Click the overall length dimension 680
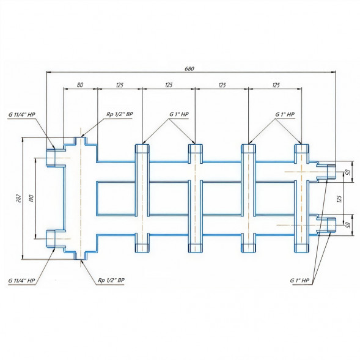pos(189,68)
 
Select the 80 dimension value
pos(80,85)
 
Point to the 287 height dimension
pos(19,199)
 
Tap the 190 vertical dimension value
pos(31,199)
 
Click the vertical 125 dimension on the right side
pos(340,199)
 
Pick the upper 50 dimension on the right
pos(349,172)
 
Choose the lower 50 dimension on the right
pos(349,225)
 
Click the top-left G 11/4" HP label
pos(22,114)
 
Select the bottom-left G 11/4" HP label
pos(22,281)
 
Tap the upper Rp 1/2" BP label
pos(120,114)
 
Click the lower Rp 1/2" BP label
pos(111,280)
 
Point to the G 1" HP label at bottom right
pos(299,281)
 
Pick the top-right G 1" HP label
pos(285,114)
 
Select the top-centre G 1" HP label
pos(179,114)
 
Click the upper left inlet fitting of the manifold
pos(51,158)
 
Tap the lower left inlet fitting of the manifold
pos(51,239)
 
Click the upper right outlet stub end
pos(331,172)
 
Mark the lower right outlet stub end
pos(331,225)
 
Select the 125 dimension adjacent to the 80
pos(120,85)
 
